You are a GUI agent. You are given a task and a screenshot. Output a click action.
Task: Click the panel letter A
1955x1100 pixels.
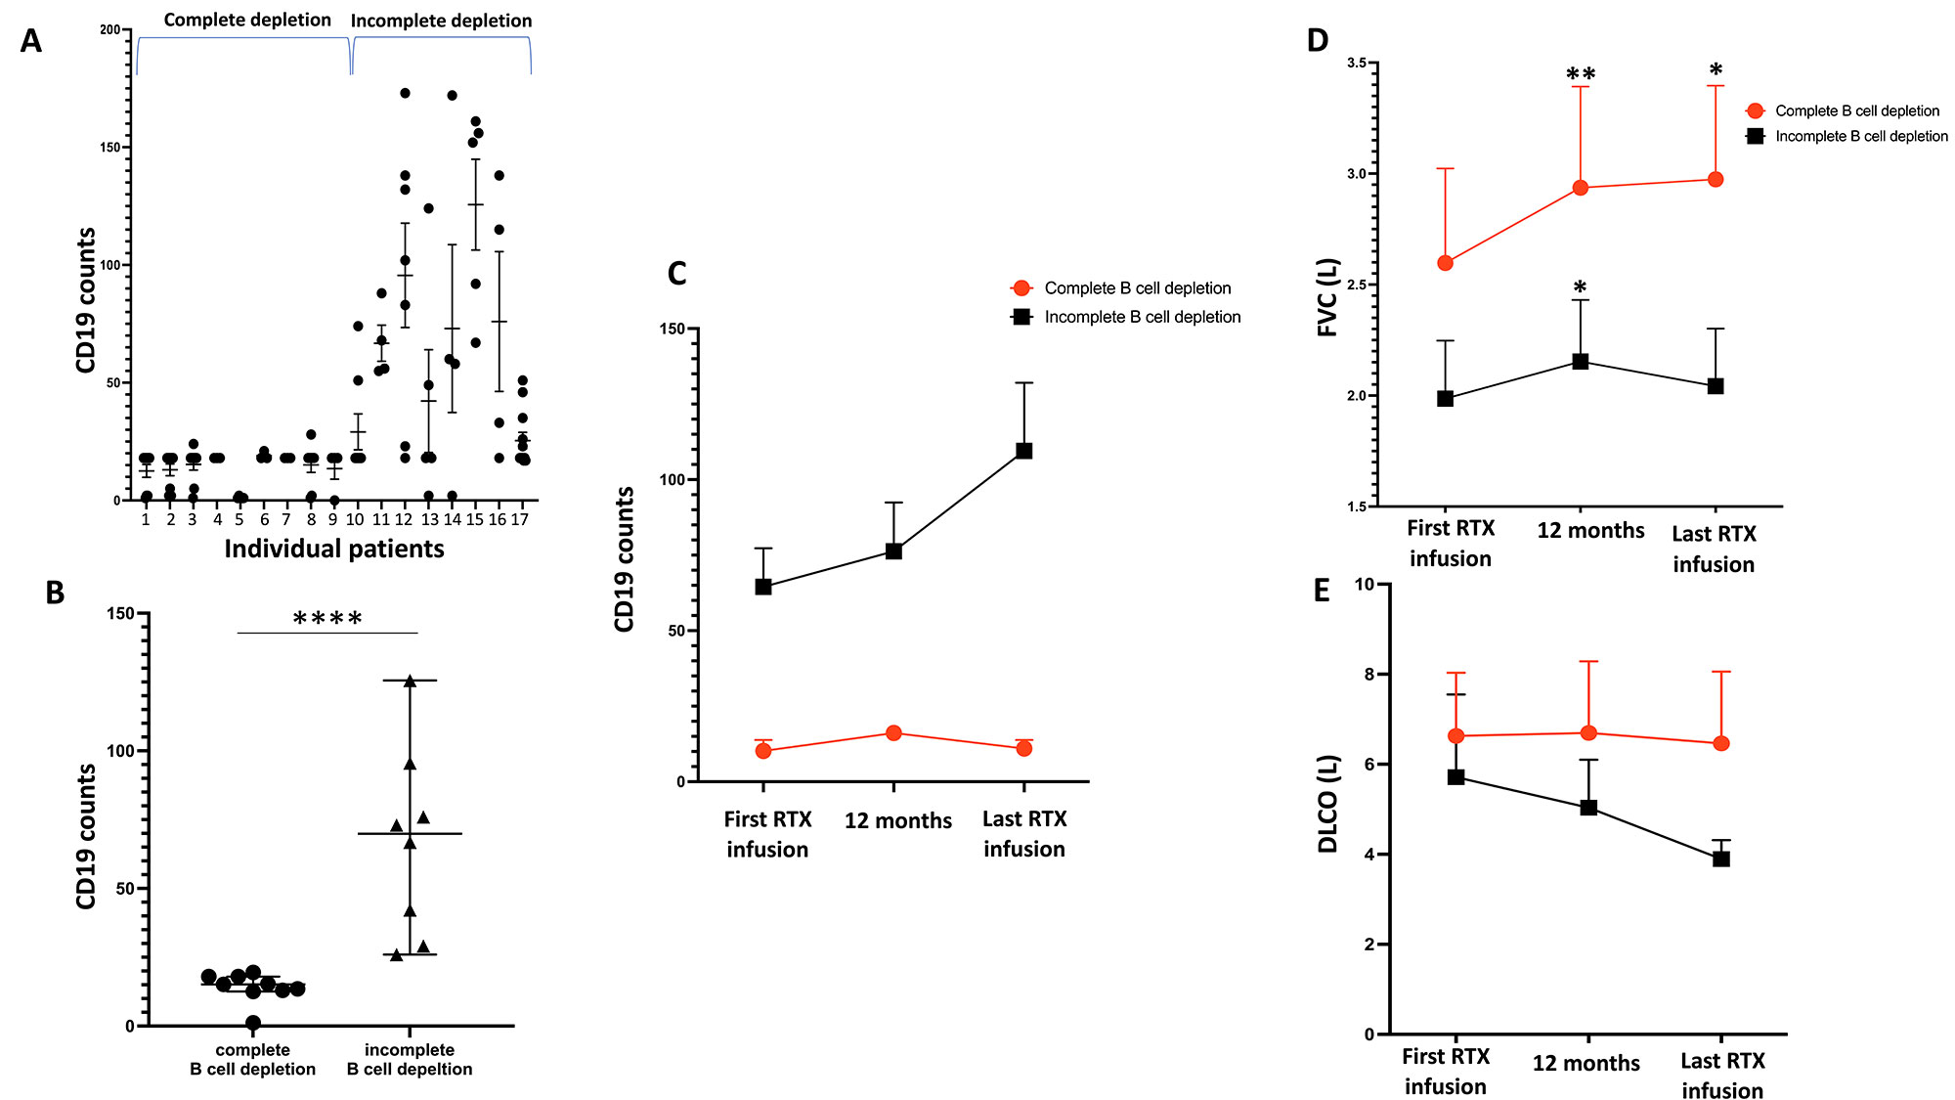[31, 41]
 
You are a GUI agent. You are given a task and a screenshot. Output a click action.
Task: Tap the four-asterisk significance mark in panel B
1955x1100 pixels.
[327, 619]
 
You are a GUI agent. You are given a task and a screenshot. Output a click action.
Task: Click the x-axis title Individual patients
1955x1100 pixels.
[334, 549]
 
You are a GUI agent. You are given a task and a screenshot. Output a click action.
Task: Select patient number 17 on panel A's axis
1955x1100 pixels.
[520, 519]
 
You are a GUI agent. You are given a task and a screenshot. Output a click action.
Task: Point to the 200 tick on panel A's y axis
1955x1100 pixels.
[109, 30]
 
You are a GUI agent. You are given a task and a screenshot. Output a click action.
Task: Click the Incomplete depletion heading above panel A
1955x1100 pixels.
[441, 21]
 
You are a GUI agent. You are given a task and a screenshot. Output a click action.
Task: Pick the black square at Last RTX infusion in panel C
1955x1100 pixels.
[1023, 451]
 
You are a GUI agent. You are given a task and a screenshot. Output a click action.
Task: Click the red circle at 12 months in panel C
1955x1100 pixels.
[893, 733]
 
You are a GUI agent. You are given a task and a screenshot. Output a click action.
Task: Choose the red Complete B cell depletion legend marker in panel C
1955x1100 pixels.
[1021, 288]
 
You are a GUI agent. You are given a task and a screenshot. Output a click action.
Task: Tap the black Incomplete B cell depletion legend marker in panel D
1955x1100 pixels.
[1756, 136]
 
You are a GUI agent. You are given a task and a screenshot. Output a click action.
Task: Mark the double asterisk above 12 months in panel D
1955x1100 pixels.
[1581, 75]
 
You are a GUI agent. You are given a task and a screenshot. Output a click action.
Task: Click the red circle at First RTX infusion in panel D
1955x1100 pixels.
[1446, 263]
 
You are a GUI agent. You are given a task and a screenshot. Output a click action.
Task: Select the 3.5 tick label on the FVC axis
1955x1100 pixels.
[1357, 64]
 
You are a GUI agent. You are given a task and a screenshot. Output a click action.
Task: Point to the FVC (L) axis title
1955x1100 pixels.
[1327, 297]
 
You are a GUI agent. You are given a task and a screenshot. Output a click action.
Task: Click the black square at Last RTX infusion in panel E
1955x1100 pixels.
[1721, 858]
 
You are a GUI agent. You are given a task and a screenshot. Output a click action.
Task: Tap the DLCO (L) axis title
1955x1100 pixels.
[1327, 804]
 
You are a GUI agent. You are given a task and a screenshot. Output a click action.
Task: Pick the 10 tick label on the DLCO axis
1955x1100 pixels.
[1364, 585]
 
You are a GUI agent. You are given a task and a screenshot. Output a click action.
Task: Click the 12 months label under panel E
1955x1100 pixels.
[1586, 1063]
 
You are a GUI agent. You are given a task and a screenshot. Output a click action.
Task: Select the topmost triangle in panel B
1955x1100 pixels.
[410, 681]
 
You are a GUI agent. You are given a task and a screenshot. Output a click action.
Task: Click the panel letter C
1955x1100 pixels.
[676, 274]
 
